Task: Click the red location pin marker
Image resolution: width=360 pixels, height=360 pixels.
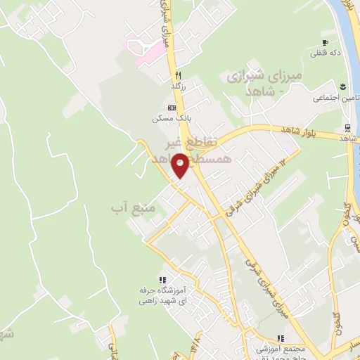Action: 181,165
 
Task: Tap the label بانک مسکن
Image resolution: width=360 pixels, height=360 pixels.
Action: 170,118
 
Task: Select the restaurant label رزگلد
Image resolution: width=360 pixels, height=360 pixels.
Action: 181,86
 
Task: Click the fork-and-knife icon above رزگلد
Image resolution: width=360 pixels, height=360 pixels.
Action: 180,75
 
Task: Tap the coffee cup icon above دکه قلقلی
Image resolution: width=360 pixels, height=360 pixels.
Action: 326,41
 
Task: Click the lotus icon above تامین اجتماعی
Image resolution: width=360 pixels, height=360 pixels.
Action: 342,86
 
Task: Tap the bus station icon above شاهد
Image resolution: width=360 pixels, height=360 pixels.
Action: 347,127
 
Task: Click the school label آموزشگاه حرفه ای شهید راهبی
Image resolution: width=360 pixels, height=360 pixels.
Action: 164,295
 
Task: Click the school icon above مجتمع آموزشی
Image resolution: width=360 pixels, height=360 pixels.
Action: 281,338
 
